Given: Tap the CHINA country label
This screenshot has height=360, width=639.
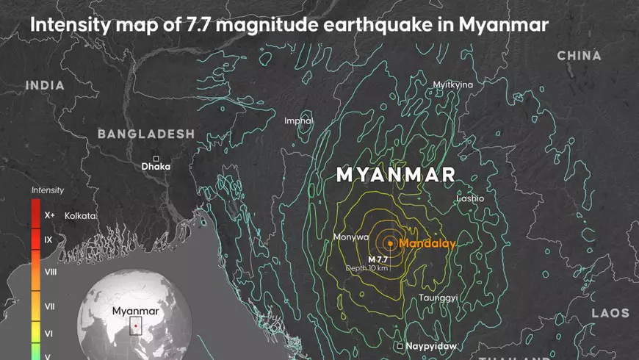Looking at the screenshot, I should (579, 56).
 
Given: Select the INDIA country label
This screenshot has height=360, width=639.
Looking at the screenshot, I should (45, 86).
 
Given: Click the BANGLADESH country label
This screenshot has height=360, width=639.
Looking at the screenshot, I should (146, 134).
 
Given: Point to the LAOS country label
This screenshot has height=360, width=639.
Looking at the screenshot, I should (611, 313).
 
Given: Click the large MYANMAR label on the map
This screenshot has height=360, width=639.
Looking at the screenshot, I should (396, 175).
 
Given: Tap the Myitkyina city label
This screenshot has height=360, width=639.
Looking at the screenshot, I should (453, 84).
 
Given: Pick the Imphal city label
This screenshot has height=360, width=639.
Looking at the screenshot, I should (299, 120).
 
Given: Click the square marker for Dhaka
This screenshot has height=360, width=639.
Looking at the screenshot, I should (156, 158).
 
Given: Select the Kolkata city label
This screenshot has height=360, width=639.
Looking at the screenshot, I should (80, 216).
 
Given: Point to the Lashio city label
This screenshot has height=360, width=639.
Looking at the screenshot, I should (470, 198).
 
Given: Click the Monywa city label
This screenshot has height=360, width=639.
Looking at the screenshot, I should (350, 237).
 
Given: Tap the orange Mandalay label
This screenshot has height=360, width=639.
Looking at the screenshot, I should (427, 243).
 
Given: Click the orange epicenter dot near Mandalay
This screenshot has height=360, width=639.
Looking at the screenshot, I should (390, 243).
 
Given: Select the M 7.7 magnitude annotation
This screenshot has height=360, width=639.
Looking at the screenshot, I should (378, 259).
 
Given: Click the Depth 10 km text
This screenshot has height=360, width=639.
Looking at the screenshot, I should (367, 268).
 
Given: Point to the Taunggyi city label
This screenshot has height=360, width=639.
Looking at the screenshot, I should (438, 298).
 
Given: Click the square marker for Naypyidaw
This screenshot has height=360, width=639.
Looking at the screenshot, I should (400, 345).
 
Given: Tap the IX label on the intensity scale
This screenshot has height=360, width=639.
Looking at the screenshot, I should (48, 240).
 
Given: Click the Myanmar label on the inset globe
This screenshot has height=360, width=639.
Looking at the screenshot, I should (135, 311).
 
